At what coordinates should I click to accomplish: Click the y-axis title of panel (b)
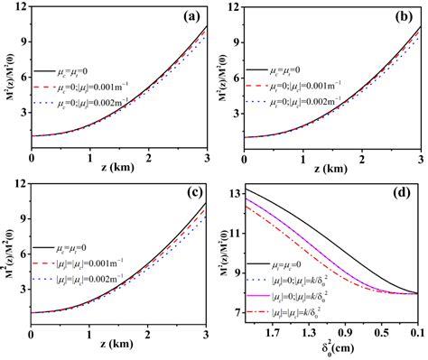pos(226,82)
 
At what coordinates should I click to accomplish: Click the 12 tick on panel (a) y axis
pos(20,8)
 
